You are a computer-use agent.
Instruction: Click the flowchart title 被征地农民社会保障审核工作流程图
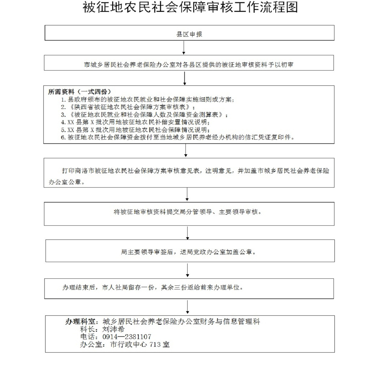pyautogui.click(x=190, y=8)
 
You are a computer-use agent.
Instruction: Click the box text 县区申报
pyautogui.click(x=189, y=34)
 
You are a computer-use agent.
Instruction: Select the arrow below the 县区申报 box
pyautogui.click(x=184, y=47)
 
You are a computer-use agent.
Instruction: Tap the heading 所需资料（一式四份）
pyautogui.click(x=80, y=92)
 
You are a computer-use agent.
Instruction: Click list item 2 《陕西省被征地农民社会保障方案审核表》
pyautogui.click(x=128, y=107)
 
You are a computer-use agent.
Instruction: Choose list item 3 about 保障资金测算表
pyautogui.click(x=144, y=115)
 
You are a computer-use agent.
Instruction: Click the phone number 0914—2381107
pyautogui.click(x=127, y=337)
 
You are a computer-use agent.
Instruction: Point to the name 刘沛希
pyautogui.click(x=113, y=329)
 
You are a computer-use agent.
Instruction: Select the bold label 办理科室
pyautogui.click(x=80, y=322)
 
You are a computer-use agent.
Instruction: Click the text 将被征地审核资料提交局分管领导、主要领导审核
pyautogui.click(x=188, y=212)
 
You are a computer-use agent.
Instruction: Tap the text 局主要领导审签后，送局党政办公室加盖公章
pyautogui.click(x=189, y=252)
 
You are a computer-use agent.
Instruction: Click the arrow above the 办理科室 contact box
pyautogui.click(x=187, y=307)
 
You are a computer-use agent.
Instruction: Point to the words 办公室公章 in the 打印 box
pyautogui.click(x=67, y=182)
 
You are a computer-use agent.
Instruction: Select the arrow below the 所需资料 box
pyautogui.click(x=185, y=150)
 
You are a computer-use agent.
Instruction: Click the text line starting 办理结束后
pyautogui.click(x=153, y=287)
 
